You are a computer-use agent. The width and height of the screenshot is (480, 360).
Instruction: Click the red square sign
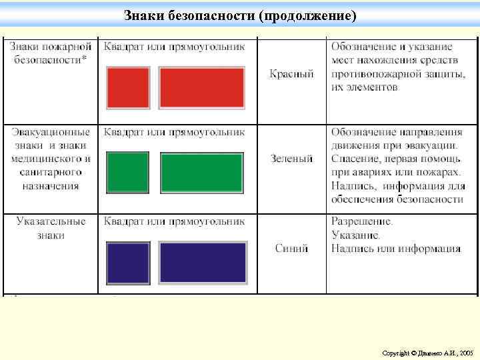click(x=128, y=87)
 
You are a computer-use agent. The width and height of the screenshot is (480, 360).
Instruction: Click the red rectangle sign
click(x=202, y=87)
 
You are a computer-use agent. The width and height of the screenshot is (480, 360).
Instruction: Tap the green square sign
click(x=128, y=172)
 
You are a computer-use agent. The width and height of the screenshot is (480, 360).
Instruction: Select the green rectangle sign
click(x=202, y=172)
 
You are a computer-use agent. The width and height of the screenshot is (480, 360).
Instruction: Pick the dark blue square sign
click(x=128, y=263)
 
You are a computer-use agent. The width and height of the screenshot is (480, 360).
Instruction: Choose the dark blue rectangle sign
click(x=203, y=263)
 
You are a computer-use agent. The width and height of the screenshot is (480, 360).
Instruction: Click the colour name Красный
click(x=291, y=73)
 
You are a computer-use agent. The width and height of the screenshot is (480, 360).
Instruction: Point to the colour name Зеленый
click(x=291, y=159)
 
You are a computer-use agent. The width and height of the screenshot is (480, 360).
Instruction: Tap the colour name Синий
click(x=291, y=249)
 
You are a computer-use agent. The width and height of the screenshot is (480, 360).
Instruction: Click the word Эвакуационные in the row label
click(x=50, y=133)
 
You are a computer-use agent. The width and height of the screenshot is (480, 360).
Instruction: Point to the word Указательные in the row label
click(x=51, y=221)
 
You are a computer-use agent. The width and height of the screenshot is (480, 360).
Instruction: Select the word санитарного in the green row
click(x=51, y=173)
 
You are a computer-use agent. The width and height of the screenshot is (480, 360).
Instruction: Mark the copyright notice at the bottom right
click(x=427, y=351)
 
